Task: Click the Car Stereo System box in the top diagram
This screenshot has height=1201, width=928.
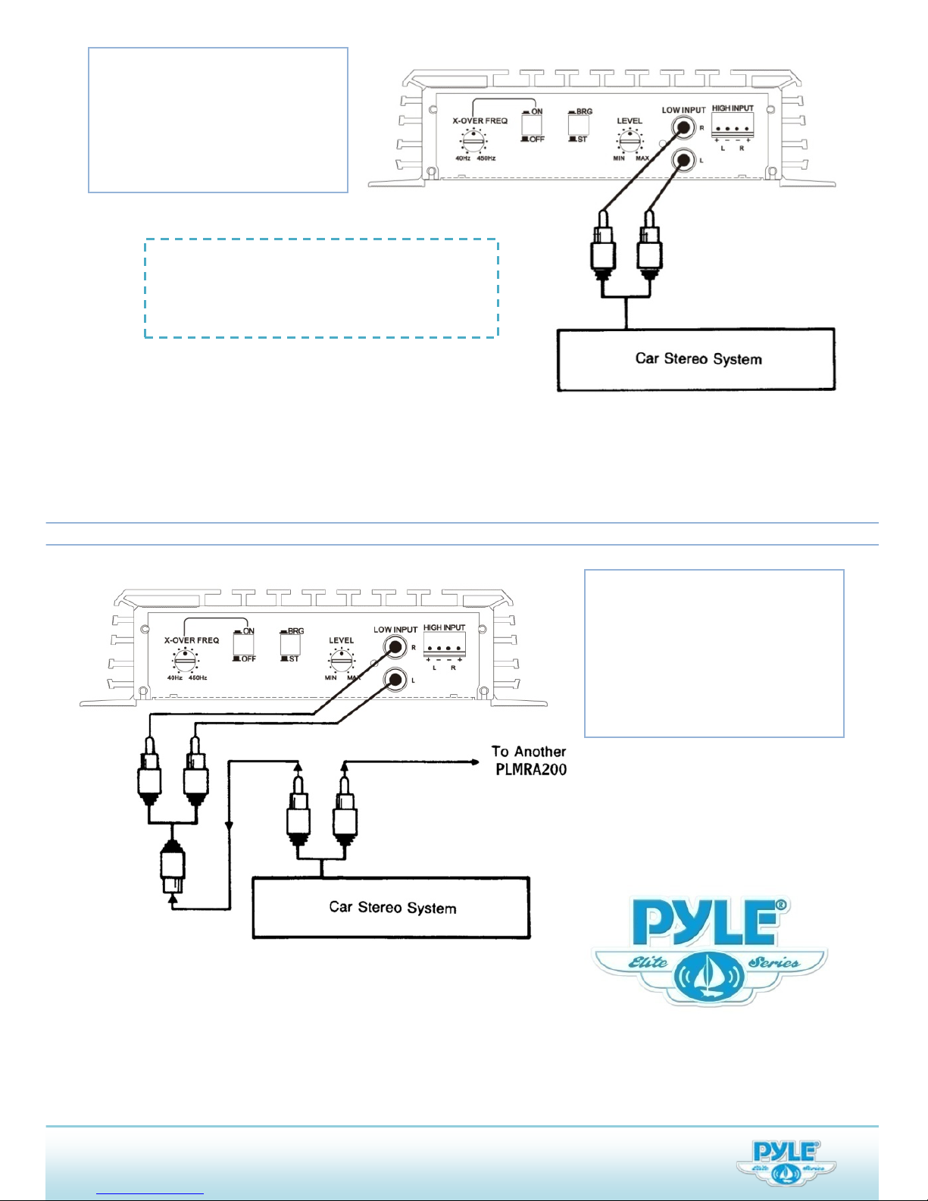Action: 695,359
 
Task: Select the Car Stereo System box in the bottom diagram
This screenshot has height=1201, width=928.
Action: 391,908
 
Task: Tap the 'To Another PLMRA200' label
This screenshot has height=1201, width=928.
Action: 530,760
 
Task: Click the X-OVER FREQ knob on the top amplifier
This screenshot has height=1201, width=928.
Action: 475,140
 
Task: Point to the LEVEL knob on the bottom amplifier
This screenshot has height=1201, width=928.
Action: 342,660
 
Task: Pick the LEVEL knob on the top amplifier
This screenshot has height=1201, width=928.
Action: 630,141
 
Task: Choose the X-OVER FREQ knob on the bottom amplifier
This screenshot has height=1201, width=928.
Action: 185,660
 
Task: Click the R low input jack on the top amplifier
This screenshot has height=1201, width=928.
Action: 684,127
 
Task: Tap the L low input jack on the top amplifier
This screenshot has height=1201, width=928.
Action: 684,160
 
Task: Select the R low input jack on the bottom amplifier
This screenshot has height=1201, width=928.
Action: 395,647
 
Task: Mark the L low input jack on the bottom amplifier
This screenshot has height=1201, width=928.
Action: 395,680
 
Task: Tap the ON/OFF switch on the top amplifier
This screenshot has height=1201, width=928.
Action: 532,125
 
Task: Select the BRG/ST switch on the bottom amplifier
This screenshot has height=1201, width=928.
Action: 290,644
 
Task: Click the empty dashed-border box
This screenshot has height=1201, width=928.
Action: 321,288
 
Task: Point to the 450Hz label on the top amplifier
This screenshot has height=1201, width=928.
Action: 486,158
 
